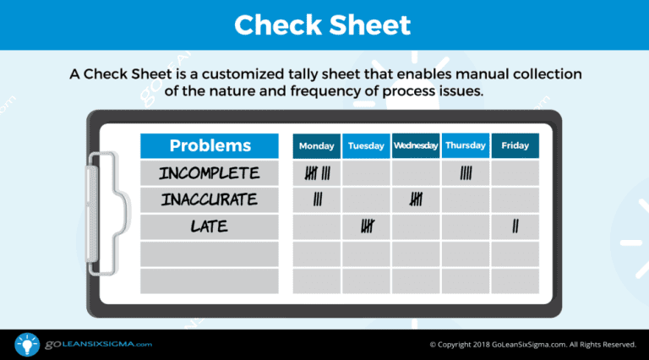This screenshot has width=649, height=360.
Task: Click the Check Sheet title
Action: (x=323, y=25)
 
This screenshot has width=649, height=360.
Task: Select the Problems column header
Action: (x=210, y=145)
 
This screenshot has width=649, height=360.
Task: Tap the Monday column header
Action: (x=317, y=146)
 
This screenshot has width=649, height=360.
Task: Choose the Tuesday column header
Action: (x=366, y=146)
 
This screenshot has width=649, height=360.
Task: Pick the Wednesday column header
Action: (x=416, y=146)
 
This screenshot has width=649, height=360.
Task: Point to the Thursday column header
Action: (x=466, y=146)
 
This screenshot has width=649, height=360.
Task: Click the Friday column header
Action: (x=515, y=146)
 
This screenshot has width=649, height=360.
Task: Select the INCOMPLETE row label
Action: (x=210, y=173)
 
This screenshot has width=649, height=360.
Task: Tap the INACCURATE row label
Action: (x=210, y=200)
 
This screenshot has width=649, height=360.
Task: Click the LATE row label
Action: (x=210, y=226)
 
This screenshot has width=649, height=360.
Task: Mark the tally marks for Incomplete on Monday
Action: (x=317, y=173)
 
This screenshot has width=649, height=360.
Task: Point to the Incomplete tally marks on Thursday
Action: (x=466, y=173)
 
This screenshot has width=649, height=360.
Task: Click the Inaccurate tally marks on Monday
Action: (x=317, y=200)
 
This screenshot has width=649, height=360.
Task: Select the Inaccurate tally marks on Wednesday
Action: (x=416, y=200)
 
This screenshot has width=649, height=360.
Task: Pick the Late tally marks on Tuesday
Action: (x=367, y=226)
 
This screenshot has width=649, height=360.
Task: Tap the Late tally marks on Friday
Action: (x=515, y=226)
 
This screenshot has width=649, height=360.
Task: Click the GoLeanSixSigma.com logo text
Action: (x=95, y=344)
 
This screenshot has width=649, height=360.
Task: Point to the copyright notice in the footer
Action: (x=532, y=345)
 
